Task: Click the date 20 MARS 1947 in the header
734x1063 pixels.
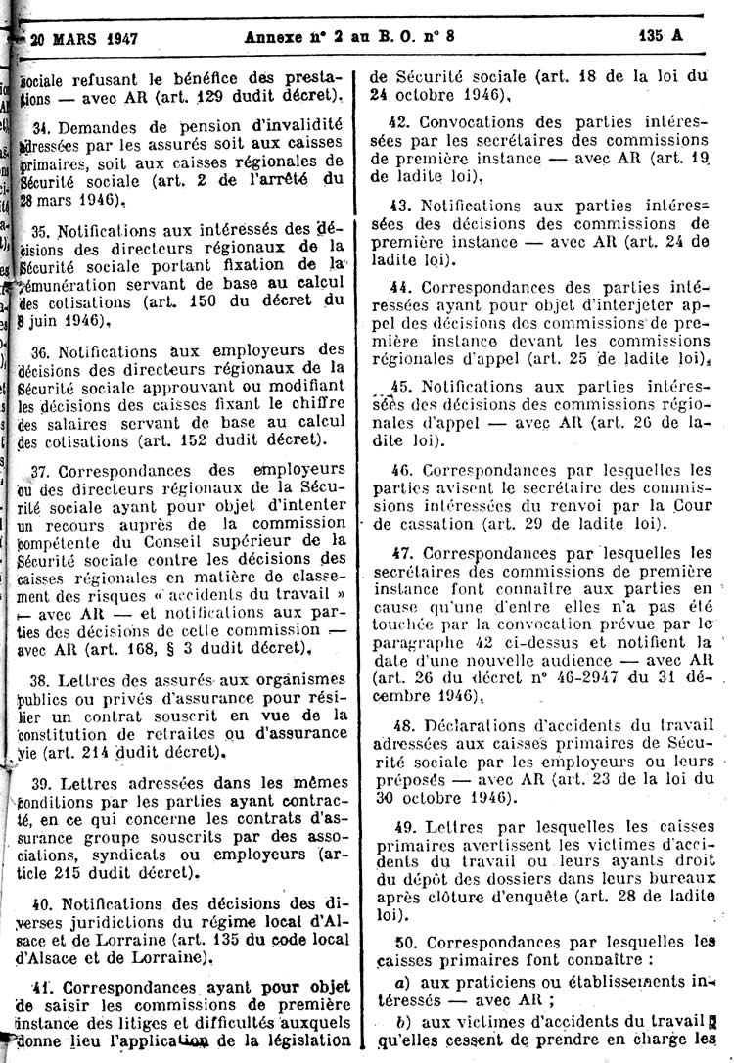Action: pyautogui.click(x=83, y=40)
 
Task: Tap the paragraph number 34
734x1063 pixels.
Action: pyautogui.click(x=40, y=127)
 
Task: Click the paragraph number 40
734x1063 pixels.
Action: pyautogui.click(x=40, y=902)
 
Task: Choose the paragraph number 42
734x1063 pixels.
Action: pyautogui.click(x=398, y=122)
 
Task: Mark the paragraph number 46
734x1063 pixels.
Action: pyautogui.click(x=399, y=470)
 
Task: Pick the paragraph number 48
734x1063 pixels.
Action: pyautogui.click(x=399, y=726)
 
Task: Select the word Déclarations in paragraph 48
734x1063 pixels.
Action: pyautogui.click(x=479, y=726)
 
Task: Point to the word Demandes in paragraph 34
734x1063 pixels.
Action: pyautogui.click(x=94, y=127)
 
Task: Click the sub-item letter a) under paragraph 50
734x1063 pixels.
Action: pyautogui.click(x=399, y=982)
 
